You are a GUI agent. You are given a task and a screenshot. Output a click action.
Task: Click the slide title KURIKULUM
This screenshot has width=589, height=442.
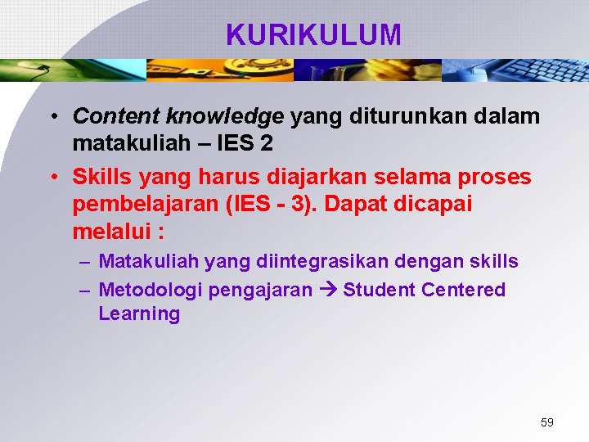click(313, 35)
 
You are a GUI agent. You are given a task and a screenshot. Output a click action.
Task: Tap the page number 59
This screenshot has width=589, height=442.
click(546, 422)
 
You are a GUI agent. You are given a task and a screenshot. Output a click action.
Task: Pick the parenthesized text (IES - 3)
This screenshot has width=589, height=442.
click(269, 204)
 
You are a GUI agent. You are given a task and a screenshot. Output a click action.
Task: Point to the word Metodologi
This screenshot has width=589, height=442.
click(151, 290)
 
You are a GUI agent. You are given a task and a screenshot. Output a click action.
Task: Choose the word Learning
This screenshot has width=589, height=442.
click(139, 314)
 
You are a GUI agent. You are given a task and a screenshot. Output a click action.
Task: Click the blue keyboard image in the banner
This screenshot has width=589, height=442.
click(515, 70)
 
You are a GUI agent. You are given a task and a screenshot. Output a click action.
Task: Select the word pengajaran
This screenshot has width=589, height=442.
click(261, 290)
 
